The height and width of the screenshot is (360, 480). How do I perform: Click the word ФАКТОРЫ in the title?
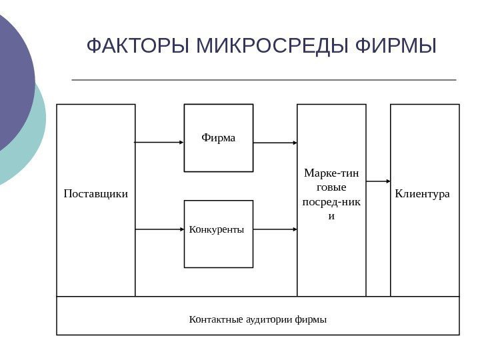131,47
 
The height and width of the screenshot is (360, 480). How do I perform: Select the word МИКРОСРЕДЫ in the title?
265,47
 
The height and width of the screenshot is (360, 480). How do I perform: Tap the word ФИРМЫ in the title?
397,47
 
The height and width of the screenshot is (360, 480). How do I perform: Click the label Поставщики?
96,194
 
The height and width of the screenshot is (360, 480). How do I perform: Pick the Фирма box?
219,138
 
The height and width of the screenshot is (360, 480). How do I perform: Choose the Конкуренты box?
218,233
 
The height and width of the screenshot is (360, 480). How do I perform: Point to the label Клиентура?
423,194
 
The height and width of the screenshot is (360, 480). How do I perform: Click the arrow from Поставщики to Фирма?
159,142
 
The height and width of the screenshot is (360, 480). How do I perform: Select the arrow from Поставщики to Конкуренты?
159,229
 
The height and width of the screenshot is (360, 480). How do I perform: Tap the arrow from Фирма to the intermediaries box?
275,143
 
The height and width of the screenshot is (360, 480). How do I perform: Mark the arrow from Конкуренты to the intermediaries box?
275,229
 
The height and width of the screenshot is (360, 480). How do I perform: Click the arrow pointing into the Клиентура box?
379,181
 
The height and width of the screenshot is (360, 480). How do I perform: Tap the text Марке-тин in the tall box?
331,174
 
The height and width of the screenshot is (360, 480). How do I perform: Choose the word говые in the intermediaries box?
331,188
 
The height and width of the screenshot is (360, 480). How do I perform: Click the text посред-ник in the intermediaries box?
331,202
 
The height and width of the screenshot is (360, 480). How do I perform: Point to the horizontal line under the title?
263,80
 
